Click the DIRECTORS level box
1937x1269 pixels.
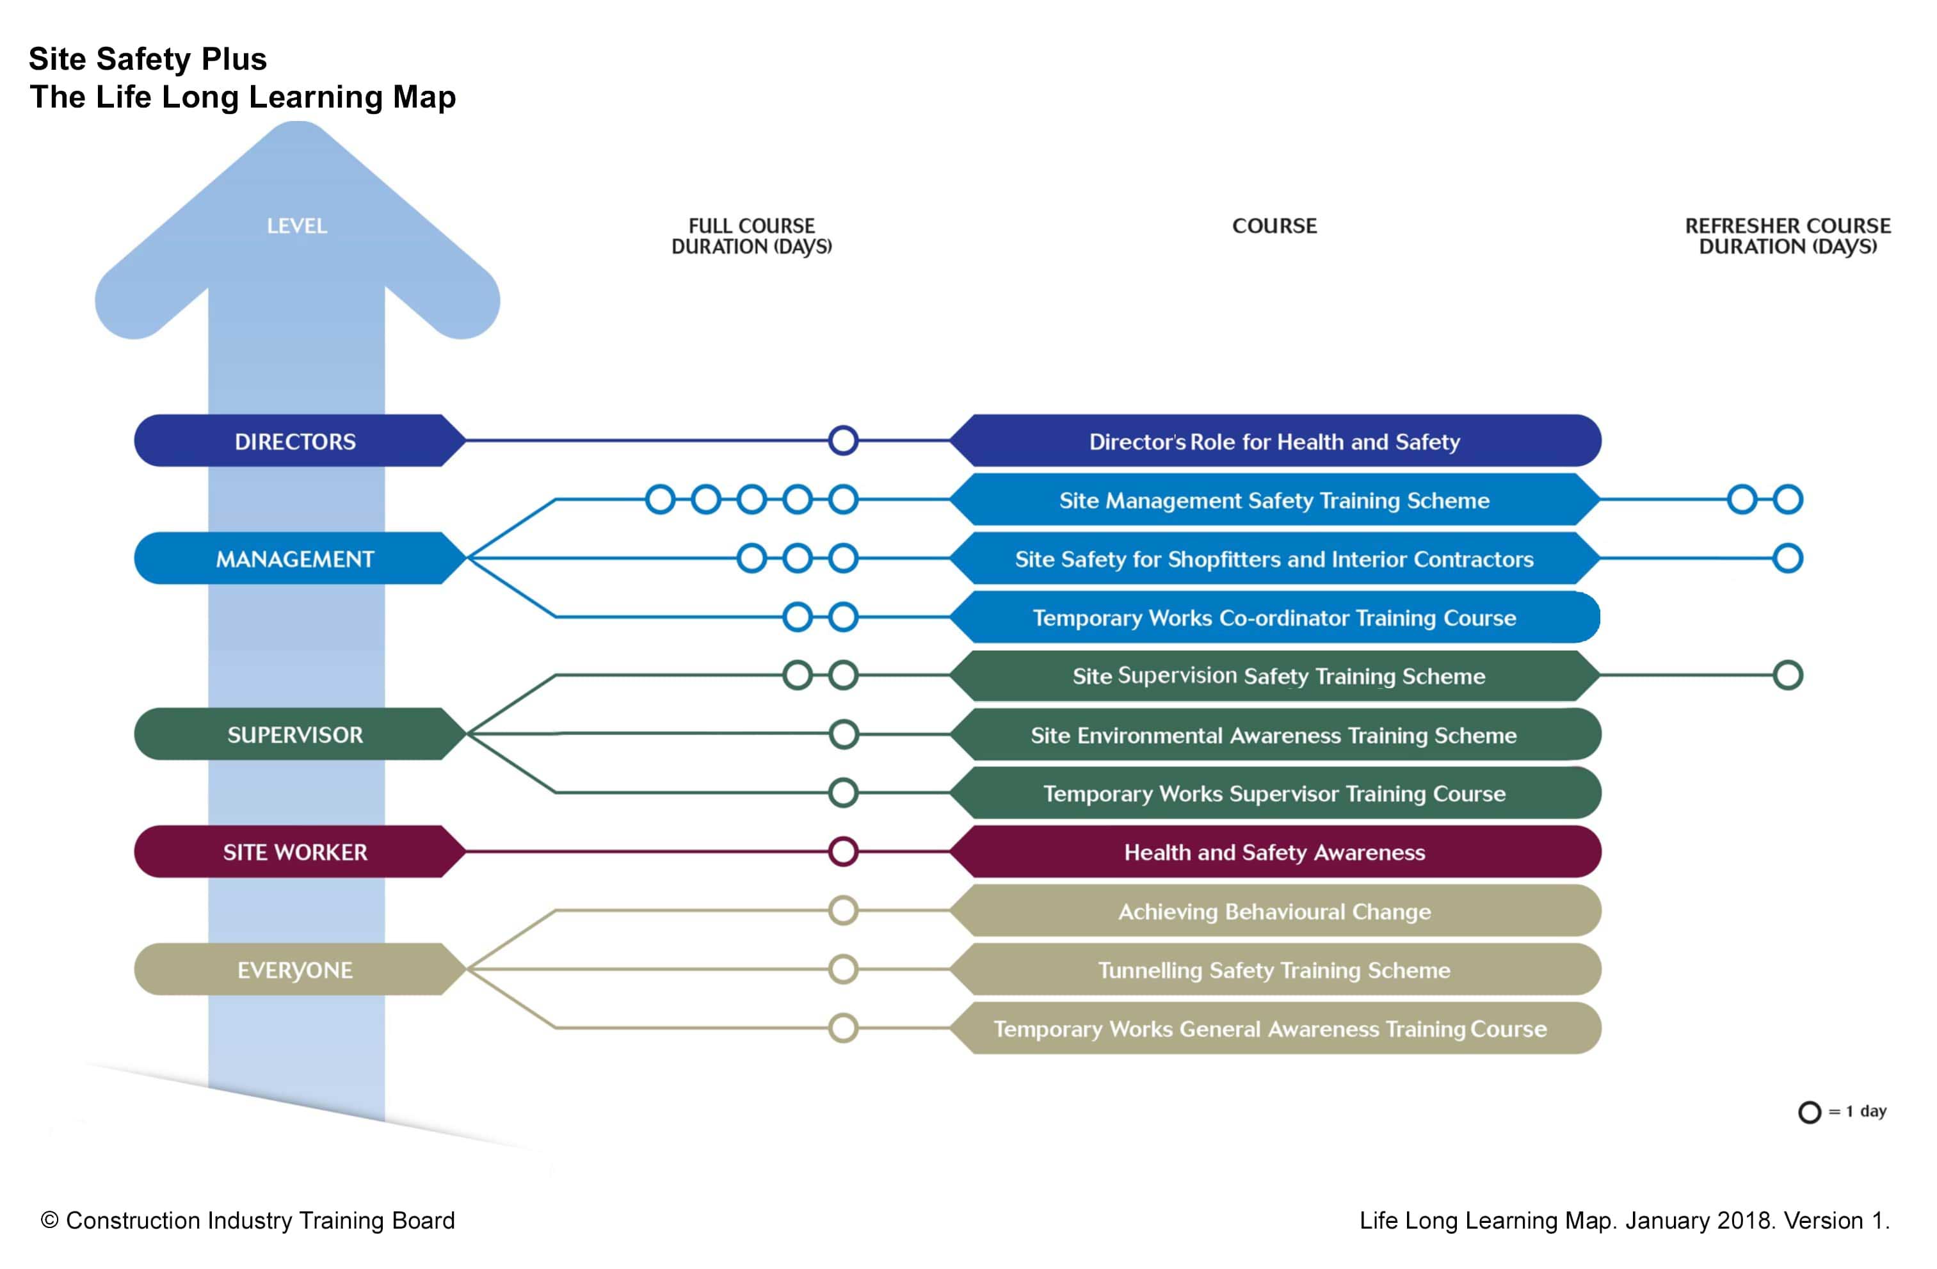pyautogui.click(x=296, y=441)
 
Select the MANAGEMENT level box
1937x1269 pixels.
pyautogui.click(x=296, y=558)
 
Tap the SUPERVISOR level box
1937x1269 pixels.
pyautogui.click(x=296, y=734)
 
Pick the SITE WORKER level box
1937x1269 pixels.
pyautogui.click(x=296, y=852)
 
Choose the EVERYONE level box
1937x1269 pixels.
pyautogui.click(x=296, y=969)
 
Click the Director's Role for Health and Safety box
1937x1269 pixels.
pyautogui.click(x=1274, y=441)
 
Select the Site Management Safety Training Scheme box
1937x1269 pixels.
pyautogui.click(x=1274, y=500)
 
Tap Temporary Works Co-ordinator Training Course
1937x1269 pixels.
pyautogui.click(x=1274, y=617)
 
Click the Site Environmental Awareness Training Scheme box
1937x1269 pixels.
pyautogui.click(x=1274, y=734)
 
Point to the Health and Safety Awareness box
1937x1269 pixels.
pyautogui.click(x=1274, y=852)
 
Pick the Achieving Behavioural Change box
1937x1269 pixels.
pyautogui.click(x=1274, y=911)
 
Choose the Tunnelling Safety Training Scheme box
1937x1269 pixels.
pyautogui.click(x=1274, y=969)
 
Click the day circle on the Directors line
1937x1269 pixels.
pyautogui.click(x=843, y=441)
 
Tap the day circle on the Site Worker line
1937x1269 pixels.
pyautogui.click(x=843, y=852)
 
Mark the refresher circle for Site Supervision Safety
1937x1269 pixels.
pyautogui.click(x=1787, y=675)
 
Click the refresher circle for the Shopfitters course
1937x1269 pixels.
pyautogui.click(x=1787, y=558)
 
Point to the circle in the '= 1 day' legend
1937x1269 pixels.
pyautogui.click(x=1809, y=1112)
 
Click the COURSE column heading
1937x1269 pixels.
pyautogui.click(x=1274, y=225)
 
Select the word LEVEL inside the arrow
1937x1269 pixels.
pyautogui.click(x=297, y=225)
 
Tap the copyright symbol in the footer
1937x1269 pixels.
pyautogui.click(x=50, y=1220)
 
